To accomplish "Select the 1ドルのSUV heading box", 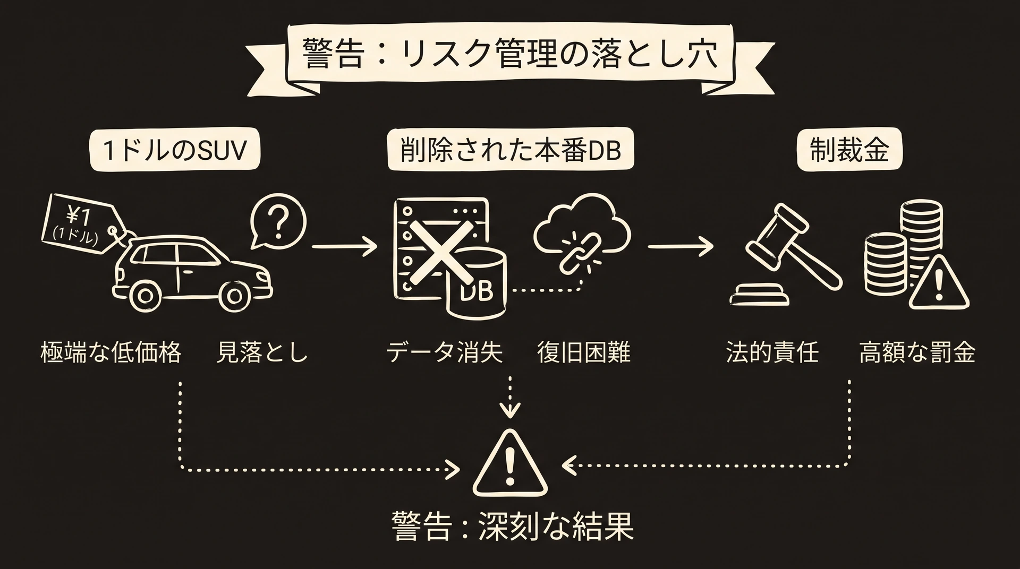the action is [x=175, y=150].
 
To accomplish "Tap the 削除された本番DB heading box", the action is [x=511, y=150].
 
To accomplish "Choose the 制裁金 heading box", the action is [x=849, y=150].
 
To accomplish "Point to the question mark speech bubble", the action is [x=278, y=222].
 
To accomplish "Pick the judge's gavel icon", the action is [x=787, y=255].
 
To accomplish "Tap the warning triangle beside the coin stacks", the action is [x=938, y=282].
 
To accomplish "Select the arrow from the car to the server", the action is [x=344, y=246].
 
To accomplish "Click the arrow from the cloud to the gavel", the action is [x=681, y=246].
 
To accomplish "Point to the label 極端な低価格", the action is [x=111, y=352].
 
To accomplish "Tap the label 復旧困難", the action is [x=584, y=352].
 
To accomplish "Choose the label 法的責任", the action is [x=772, y=352].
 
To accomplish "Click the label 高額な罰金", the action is [x=917, y=352].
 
